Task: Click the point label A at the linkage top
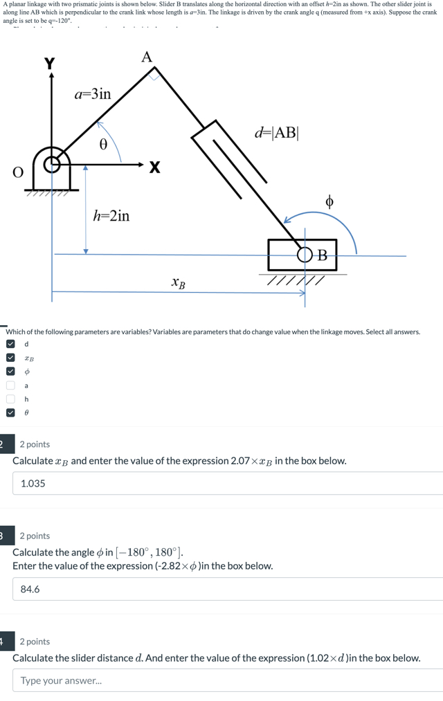[147, 57]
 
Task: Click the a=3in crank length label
[92, 93]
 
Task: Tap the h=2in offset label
[111, 216]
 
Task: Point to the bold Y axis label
[49, 64]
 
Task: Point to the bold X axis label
[154, 167]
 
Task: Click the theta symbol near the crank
[104, 145]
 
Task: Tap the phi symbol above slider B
[329, 201]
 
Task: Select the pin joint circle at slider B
[305, 255]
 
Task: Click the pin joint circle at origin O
[51, 165]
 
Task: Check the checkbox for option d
[10, 344]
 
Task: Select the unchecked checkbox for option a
[10, 385]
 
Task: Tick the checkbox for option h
[10, 399]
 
